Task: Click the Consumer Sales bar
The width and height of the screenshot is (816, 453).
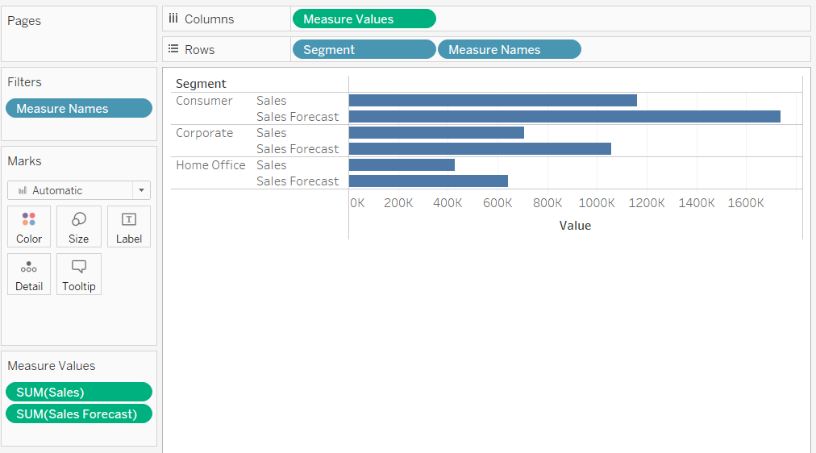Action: coord(493,101)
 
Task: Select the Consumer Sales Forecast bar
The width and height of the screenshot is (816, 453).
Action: coord(564,117)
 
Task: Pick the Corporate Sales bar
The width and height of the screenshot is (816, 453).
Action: coord(436,133)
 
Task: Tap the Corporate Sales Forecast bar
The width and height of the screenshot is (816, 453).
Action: coord(480,149)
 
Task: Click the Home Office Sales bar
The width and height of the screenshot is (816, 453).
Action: coord(402,165)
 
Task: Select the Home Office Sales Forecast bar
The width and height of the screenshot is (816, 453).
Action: coord(428,181)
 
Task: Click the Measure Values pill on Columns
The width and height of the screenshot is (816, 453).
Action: coord(364,19)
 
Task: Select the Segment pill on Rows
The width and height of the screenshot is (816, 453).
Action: coord(364,49)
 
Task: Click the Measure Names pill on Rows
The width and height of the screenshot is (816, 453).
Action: coord(509,49)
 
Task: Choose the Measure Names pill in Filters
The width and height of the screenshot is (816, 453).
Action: coord(78,109)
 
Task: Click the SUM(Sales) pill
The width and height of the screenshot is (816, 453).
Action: coord(78,392)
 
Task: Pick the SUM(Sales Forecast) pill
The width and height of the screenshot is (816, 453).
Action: coord(78,414)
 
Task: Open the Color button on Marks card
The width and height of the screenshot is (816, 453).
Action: coord(29,226)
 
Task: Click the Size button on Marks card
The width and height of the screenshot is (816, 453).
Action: coord(79,226)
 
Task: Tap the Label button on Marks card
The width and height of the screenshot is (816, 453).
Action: coord(129,226)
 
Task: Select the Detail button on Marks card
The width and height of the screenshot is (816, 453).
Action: coord(29,275)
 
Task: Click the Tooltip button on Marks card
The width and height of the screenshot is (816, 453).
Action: coord(79,275)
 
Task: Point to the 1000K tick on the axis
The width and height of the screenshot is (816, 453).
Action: coord(597,203)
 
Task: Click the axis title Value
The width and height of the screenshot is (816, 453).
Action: coord(575,226)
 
